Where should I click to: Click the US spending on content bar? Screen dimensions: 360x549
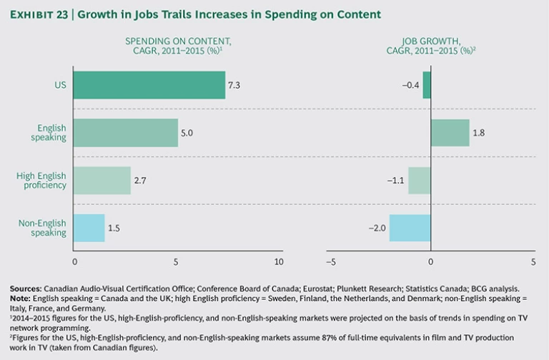click(149, 85)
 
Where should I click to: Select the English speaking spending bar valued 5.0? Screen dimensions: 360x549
click(125, 132)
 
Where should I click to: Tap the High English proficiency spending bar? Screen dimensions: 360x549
click(102, 181)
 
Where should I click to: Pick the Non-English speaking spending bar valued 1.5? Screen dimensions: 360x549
click(89, 227)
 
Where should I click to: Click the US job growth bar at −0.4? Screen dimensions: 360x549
click(427, 85)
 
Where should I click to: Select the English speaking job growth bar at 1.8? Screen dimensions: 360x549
click(450, 132)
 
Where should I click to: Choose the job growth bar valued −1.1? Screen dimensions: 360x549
click(420, 181)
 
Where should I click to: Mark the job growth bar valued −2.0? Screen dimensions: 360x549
click(410, 227)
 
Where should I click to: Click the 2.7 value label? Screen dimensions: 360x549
click(141, 181)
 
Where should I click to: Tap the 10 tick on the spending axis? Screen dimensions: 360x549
click(279, 262)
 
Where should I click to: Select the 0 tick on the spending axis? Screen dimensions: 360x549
click(74, 262)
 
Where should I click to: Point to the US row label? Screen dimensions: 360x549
click(60, 85)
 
